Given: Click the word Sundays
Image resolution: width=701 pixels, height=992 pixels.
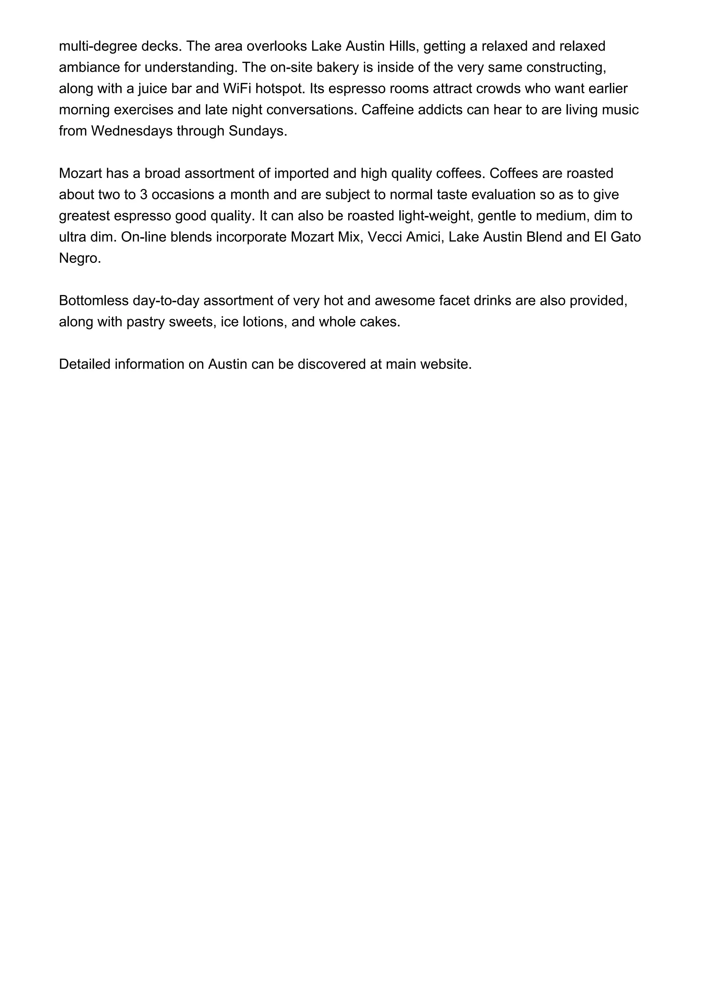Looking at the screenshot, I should click(x=257, y=131).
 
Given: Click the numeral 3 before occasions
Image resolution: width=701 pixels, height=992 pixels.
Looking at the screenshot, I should click(x=144, y=194).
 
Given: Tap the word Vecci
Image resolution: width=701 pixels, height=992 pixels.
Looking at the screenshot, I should click(x=384, y=237).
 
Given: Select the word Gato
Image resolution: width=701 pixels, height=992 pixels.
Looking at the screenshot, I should click(x=625, y=237).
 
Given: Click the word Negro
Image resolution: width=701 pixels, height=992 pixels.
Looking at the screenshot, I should click(x=79, y=258).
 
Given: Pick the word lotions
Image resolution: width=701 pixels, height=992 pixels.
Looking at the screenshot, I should click(x=260, y=322).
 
